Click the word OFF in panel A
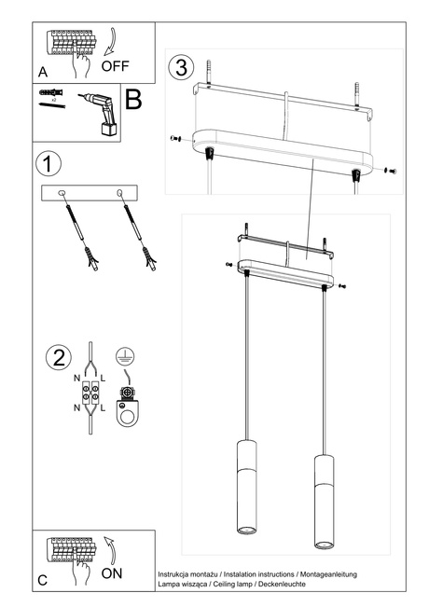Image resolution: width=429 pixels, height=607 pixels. click(115, 66)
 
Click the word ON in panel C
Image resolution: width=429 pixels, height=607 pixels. click(111, 573)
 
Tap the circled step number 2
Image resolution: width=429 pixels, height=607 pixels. click(58, 357)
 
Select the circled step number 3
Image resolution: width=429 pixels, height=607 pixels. click(180, 67)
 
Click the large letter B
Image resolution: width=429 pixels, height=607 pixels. click(133, 99)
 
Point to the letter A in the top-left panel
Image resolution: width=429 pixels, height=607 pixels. click(43, 72)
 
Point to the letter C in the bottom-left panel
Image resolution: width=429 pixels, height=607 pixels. click(43, 580)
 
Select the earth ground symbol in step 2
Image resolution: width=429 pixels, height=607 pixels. click(121, 355)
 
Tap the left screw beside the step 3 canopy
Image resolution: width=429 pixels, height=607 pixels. click(175, 138)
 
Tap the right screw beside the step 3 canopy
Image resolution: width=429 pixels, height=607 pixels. click(389, 171)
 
